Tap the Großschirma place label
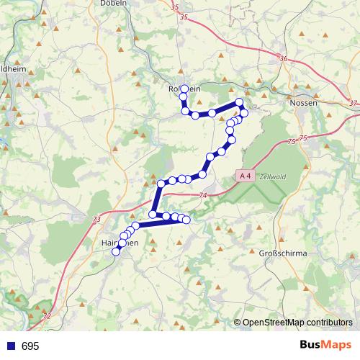click(x=283, y=253)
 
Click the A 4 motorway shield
click(x=245, y=175)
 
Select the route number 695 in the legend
click(x=30, y=346)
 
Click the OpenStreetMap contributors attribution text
click(x=297, y=323)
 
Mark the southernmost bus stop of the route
click(x=116, y=251)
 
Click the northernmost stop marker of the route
click(x=184, y=89)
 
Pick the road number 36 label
click(x=282, y=59)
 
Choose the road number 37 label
click(x=351, y=104)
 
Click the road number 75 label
click(x=302, y=138)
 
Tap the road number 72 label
click(x=48, y=316)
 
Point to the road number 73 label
click(x=96, y=219)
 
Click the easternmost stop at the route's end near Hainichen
click(x=186, y=220)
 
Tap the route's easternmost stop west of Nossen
click(x=245, y=113)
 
